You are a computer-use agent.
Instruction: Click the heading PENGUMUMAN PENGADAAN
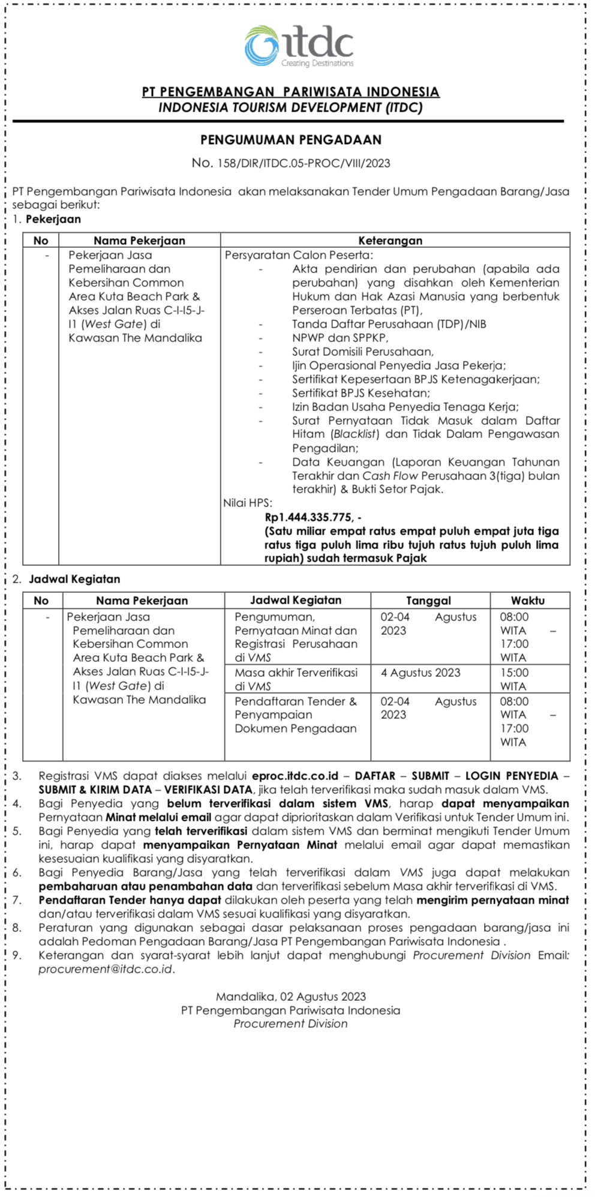click(291, 140)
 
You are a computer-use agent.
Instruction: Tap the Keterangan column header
click(390, 241)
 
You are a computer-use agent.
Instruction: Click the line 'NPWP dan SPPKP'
click(340, 338)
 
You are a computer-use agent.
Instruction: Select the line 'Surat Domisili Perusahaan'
click(362, 352)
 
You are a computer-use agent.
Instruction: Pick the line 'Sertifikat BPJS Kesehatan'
click(361, 393)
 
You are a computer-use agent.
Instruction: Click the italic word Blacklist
click(356, 434)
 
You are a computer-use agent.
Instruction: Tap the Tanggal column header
click(428, 601)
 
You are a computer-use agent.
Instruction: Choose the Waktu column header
click(528, 601)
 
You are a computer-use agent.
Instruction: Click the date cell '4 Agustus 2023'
click(420, 673)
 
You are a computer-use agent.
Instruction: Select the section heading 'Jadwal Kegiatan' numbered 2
click(74, 579)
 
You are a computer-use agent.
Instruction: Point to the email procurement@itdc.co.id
click(106, 969)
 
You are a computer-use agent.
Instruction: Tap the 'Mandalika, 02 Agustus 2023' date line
click(291, 997)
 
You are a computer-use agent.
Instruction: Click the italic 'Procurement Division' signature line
click(291, 1024)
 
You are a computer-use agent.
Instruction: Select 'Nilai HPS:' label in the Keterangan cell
click(248, 503)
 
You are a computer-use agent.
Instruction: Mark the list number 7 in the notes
click(17, 900)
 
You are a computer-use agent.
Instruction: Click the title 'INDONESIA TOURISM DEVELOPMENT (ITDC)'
click(291, 108)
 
